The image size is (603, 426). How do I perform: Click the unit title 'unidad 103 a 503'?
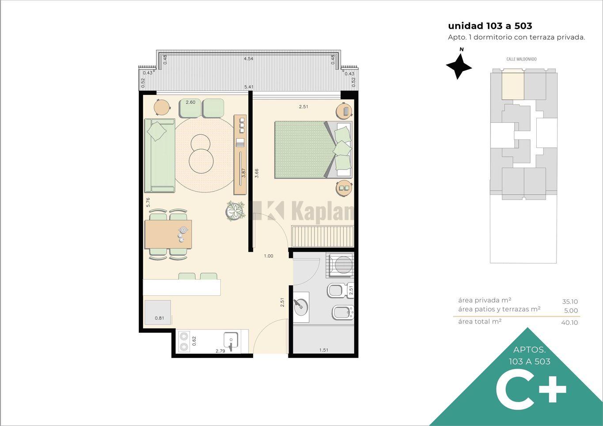pyautogui.click(x=490, y=26)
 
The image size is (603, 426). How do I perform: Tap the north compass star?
pyautogui.click(x=459, y=66)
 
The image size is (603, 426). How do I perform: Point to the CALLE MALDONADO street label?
pyautogui.click(x=521, y=59)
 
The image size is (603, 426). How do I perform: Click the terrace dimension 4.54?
pyautogui.click(x=248, y=59)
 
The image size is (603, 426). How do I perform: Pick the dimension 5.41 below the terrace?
pyautogui.click(x=249, y=87)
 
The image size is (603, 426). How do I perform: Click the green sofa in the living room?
pyautogui.click(x=159, y=155)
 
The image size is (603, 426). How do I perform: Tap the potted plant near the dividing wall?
pyautogui.click(x=235, y=211)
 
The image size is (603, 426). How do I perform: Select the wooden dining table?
pyautogui.click(x=168, y=234)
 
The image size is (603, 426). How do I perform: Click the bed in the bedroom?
pyautogui.click(x=313, y=150)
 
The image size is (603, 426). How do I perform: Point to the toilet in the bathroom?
pyautogui.click(x=340, y=290)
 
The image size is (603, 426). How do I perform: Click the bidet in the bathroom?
pyautogui.click(x=343, y=312)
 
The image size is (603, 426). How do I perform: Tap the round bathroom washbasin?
pyautogui.click(x=301, y=307)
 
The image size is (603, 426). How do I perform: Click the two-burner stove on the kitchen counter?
pyautogui.click(x=184, y=342)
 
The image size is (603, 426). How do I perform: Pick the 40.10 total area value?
pyautogui.click(x=569, y=322)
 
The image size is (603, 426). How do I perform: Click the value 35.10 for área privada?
pyautogui.click(x=570, y=302)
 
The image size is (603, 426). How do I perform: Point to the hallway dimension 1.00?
pyautogui.click(x=269, y=256)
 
